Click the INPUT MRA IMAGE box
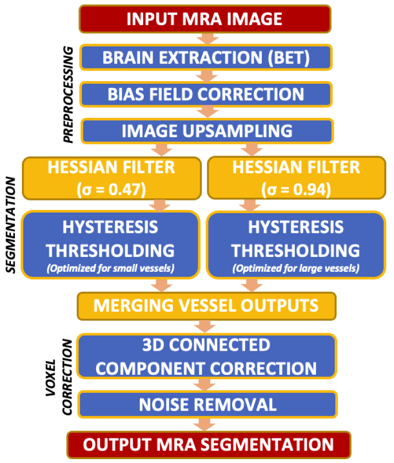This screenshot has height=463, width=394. point(205,19)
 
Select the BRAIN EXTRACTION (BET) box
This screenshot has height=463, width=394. point(206,56)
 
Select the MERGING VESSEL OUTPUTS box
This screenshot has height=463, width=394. point(206,305)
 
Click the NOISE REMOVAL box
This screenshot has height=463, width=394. point(206,404)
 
